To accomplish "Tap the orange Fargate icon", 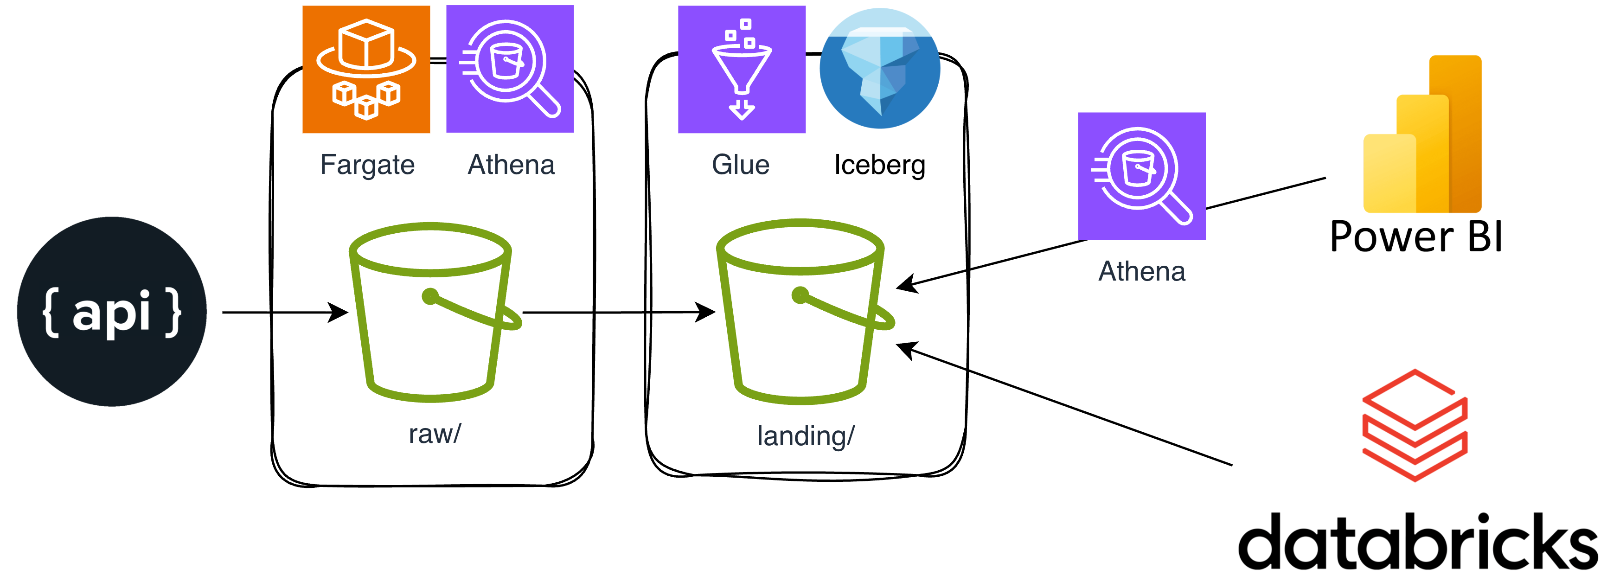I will [x=366, y=69].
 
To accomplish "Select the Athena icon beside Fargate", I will [x=510, y=69].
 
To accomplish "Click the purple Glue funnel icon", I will [x=741, y=69].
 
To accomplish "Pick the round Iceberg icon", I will [x=880, y=68].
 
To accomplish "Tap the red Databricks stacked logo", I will [x=1414, y=425].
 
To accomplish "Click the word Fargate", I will [x=367, y=165].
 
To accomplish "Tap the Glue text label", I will [x=741, y=165].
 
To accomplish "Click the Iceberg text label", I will [x=880, y=165].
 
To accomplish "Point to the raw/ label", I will [x=434, y=434].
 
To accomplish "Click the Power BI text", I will [x=1416, y=237].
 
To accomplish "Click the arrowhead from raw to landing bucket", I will [x=706, y=312].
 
